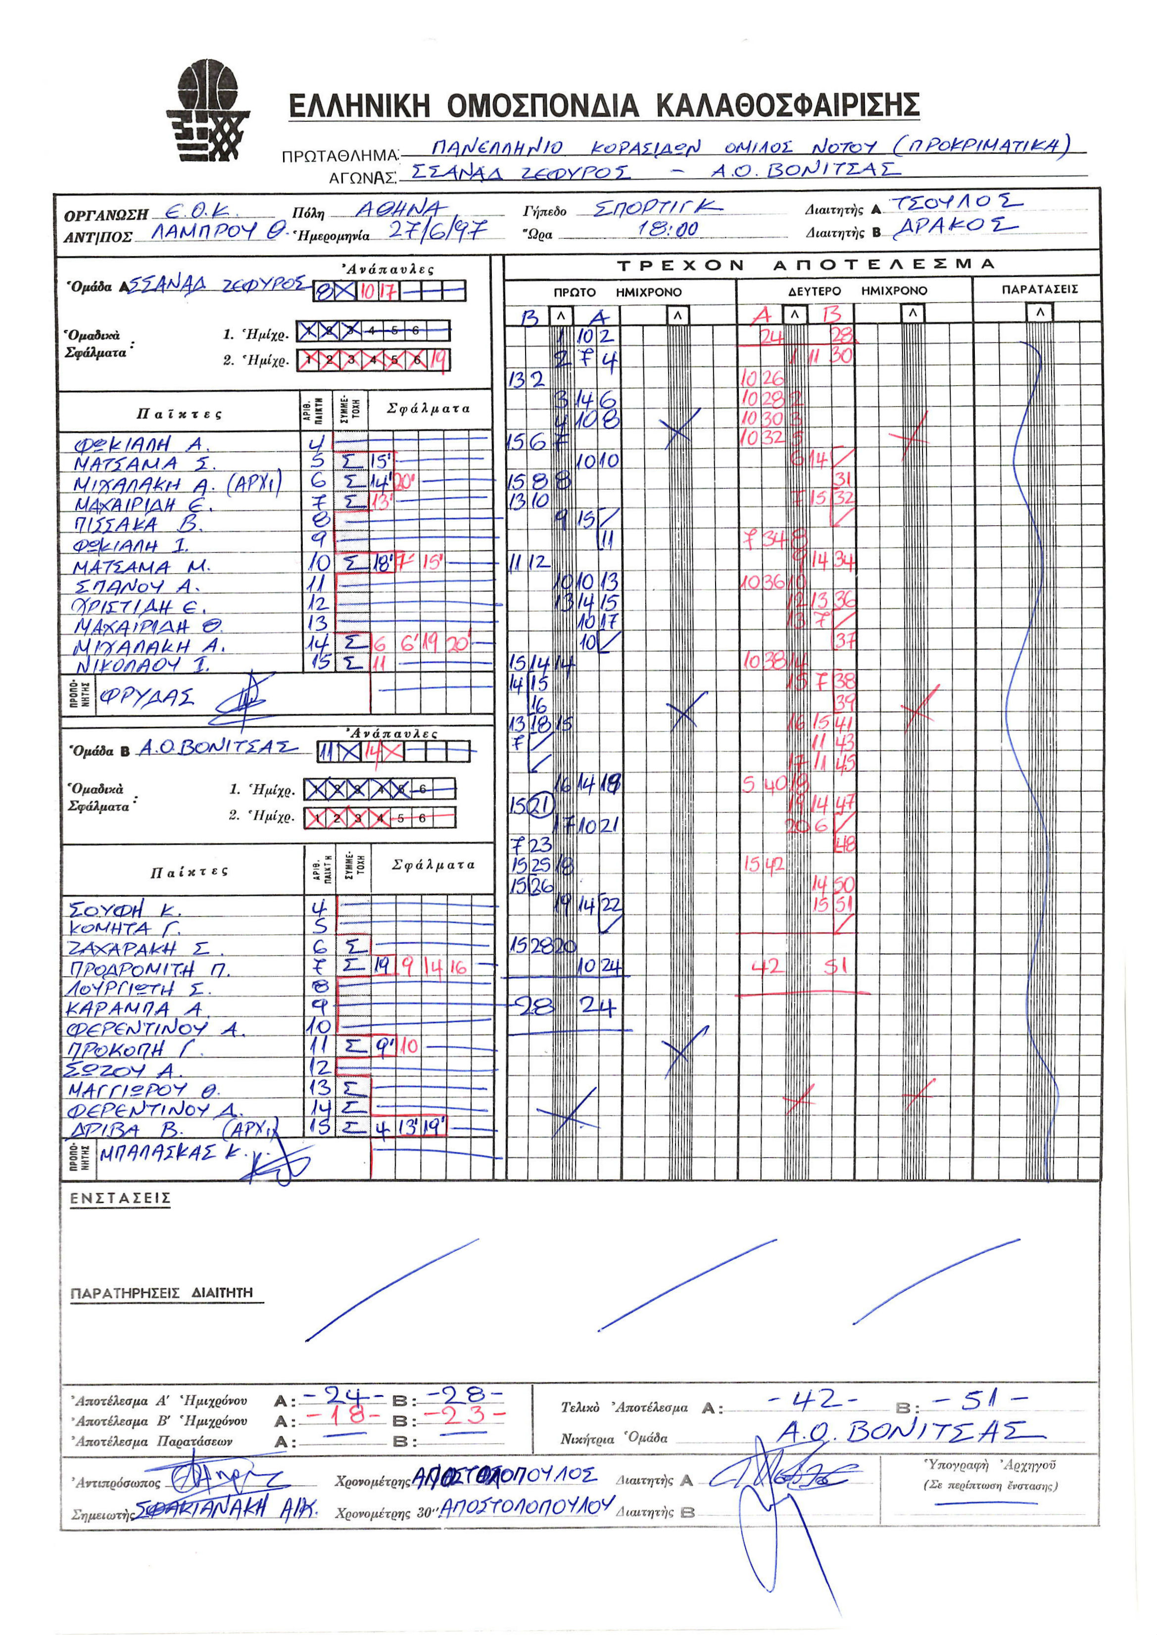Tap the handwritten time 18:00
(668, 229)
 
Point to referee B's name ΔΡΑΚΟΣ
(955, 227)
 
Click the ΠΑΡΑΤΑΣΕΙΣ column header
(1039, 290)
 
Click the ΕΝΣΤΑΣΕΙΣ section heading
(120, 1198)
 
